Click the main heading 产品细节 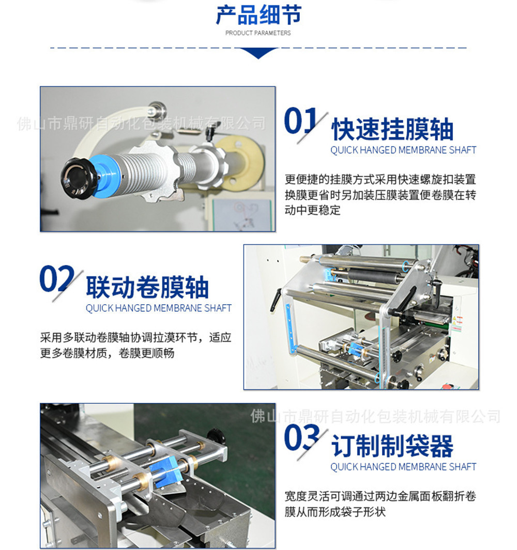pyautogui.click(x=258, y=15)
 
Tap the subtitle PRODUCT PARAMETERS pyautogui.click(x=258, y=33)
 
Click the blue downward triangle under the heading pyautogui.click(x=258, y=53)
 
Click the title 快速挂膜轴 pyautogui.click(x=392, y=130)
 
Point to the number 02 pyautogui.click(x=56, y=278)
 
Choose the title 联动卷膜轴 pyautogui.click(x=147, y=287)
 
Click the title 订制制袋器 pyautogui.click(x=392, y=446)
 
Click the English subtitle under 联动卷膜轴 pyautogui.click(x=158, y=308)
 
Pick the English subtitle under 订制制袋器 pyautogui.click(x=403, y=467)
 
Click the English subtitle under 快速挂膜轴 pyautogui.click(x=403, y=150)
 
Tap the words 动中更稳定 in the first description pyautogui.click(x=313, y=210)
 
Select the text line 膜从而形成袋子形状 pyautogui.click(x=335, y=512)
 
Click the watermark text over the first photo pyautogui.click(x=141, y=123)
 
